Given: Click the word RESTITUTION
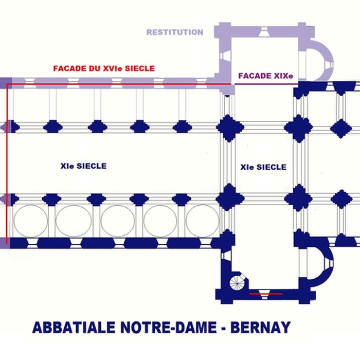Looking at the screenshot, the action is tap(175, 32).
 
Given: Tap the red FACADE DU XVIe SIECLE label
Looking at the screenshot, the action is tap(104, 68).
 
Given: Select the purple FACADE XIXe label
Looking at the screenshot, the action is tap(265, 76).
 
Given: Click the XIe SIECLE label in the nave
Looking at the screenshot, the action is tap(83, 166).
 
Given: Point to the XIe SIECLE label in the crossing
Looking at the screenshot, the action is tap(263, 167).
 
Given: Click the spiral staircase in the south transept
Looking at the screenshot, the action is tap(238, 281).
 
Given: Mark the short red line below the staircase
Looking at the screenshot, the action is tap(266, 294).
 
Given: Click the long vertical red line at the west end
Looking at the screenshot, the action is tap(7, 165).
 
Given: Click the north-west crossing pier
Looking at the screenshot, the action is tap(227, 127).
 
